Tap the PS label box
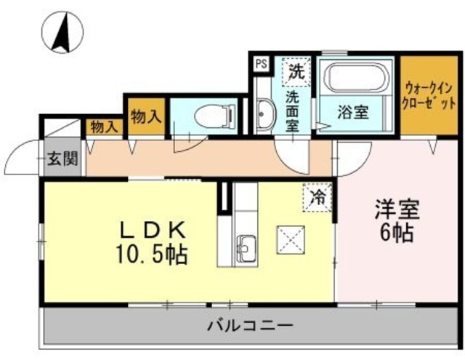pos(261,63)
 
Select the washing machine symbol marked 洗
pos(296,71)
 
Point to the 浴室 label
pos(354,113)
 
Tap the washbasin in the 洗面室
pos(264,114)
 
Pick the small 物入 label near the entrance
pos(103,127)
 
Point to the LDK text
pos(153,231)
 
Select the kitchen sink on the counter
pos(246,248)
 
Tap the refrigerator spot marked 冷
pos(317,196)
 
